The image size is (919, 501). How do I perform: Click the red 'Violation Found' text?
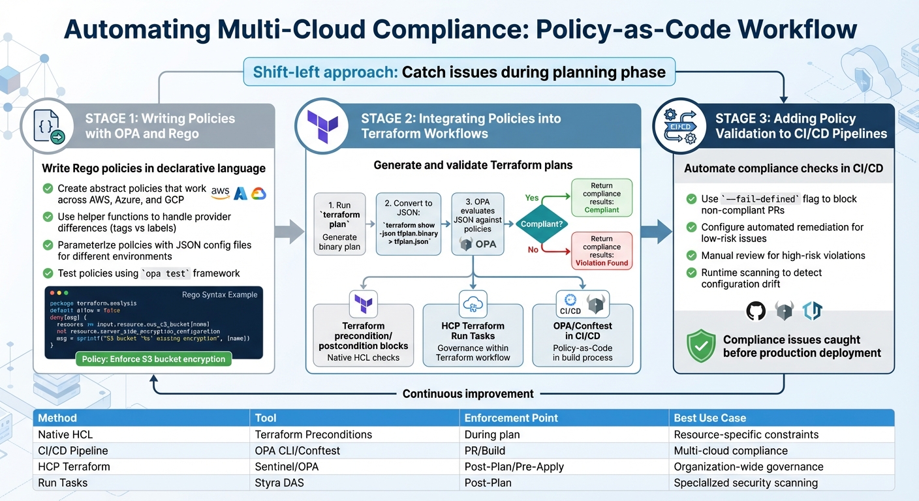click(602, 263)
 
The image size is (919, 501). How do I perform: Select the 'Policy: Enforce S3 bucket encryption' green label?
click(153, 359)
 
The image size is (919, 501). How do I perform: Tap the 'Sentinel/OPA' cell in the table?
click(285, 466)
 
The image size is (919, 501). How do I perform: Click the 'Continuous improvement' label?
click(468, 393)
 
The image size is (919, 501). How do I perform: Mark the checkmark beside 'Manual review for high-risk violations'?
click(691, 255)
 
